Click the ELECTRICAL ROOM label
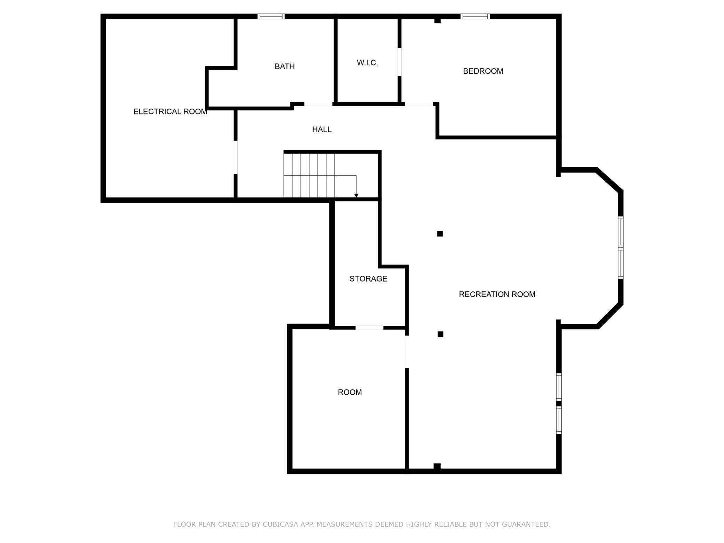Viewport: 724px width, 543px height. (170, 112)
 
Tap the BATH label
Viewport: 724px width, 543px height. (284, 66)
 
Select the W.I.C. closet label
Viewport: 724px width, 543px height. (367, 63)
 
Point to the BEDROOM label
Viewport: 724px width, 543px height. (483, 71)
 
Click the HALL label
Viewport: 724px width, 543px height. (322, 129)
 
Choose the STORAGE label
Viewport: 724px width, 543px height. (368, 279)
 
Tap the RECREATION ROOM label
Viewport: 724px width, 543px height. (497, 294)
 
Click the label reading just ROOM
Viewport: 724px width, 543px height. (350, 392)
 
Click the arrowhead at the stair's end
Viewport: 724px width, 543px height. (356, 196)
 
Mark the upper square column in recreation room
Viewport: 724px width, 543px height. (440, 234)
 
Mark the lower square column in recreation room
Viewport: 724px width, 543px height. (440, 334)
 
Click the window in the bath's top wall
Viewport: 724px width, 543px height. (271, 16)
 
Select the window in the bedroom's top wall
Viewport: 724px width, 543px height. (475, 16)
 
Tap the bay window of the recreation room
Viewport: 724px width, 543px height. (621, 247)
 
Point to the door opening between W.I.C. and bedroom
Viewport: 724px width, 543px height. (400, 62)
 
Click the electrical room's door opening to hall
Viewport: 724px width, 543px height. (236, 157)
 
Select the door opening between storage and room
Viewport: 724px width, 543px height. (369, 328)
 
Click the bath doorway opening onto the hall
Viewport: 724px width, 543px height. (318, 104)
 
